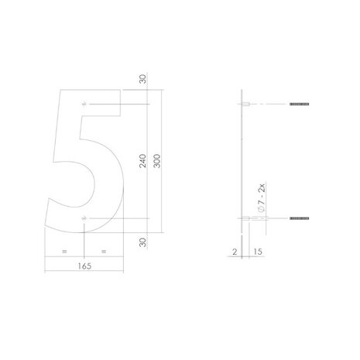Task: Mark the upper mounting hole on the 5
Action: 84,104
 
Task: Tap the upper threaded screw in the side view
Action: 298,104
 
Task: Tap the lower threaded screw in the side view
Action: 298,220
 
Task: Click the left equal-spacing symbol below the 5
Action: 64,251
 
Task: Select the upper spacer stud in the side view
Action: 245,104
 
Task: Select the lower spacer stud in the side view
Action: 245,220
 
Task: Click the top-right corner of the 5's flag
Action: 122,91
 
